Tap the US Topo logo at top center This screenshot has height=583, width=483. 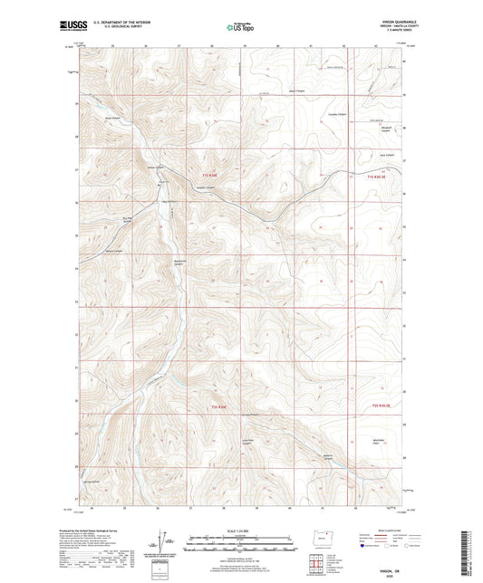[x=240, y=28]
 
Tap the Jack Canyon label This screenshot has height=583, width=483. [x=388, y=154]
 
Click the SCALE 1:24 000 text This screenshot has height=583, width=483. [x=240, y=530]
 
